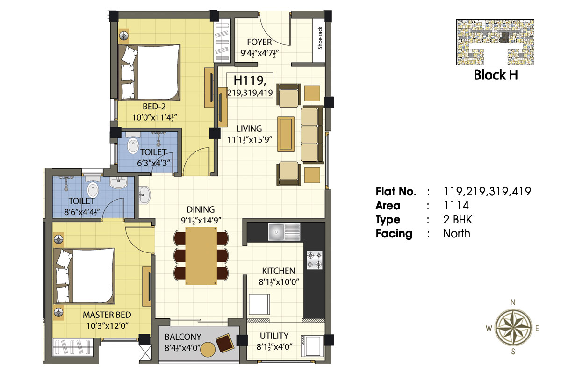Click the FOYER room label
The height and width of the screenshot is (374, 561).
[259, 42]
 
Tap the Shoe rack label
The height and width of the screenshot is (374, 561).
[320, 38]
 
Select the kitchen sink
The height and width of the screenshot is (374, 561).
[284, 232]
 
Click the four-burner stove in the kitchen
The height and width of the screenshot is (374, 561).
[315, 260]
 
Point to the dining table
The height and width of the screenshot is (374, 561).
[201, 256]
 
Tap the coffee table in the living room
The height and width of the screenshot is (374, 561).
[286, 134]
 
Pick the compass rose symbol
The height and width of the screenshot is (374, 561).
[514, 328]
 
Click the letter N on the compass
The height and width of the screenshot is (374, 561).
[513, 302]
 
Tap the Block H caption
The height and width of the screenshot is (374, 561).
[496, 75]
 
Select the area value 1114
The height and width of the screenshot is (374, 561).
[456, 206]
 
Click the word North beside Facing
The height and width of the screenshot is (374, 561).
[457, 233]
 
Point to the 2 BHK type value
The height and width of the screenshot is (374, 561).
[458, 220]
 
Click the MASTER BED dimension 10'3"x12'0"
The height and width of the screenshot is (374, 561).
[108, 326]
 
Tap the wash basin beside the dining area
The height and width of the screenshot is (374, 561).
[144, 195]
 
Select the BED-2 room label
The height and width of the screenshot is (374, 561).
[154, 107]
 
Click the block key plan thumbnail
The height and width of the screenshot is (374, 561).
[495, 42]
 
